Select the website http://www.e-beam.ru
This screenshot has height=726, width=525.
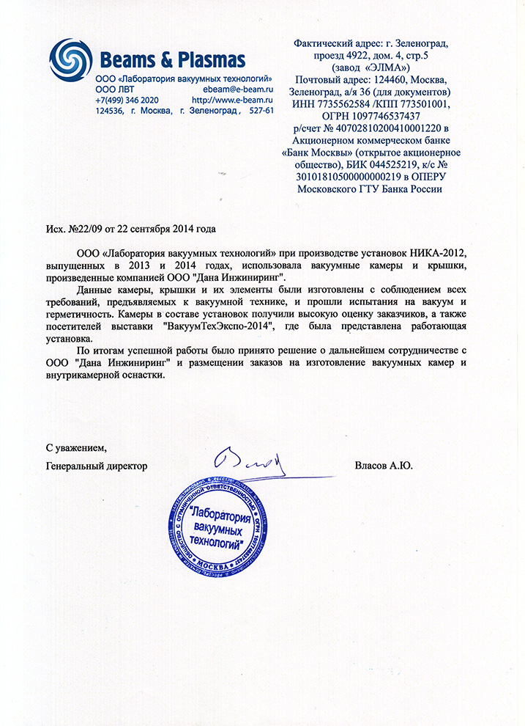(232, 100)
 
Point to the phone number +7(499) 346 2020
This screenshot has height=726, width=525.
(127, 100)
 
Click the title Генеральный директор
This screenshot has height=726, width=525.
(96, 466)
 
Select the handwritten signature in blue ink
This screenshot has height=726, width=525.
(250, 460)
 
